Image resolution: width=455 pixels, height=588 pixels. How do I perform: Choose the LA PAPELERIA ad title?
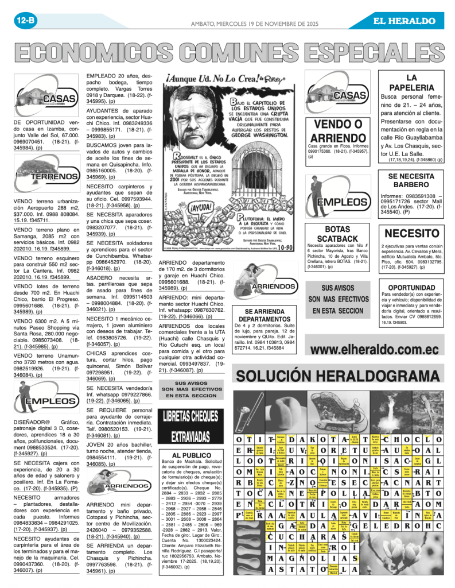(x=411, y=82)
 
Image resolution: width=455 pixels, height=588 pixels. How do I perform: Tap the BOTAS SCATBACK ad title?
(x=337, y=234)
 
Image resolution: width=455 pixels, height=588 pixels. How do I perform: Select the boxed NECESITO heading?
(x=411, y=233)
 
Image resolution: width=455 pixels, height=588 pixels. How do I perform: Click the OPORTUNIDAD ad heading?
(x=411, y=287)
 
